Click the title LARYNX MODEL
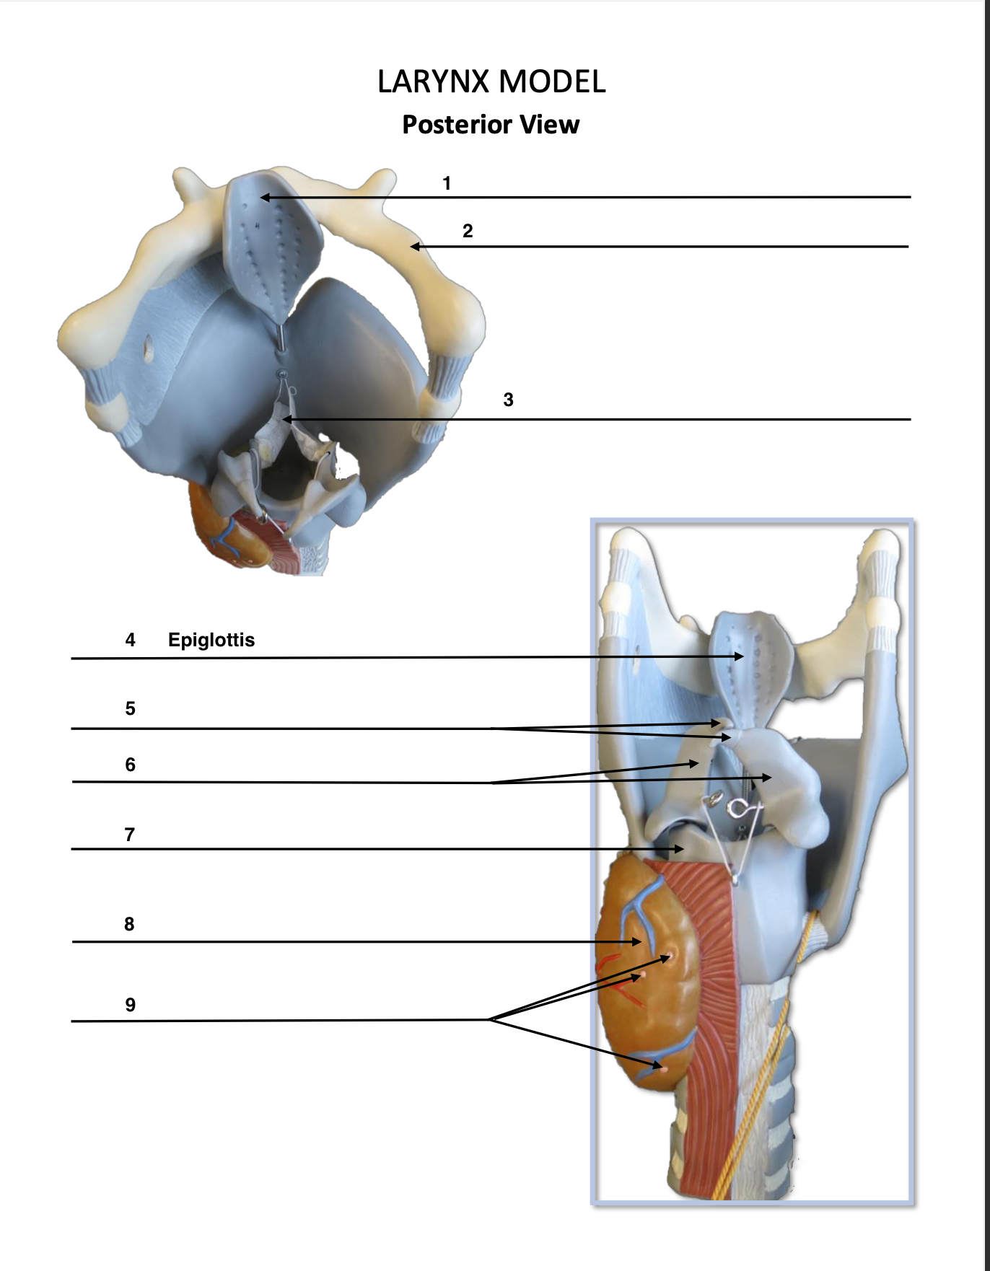point(491,82)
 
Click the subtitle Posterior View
point(491,125)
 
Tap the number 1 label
point(447,183)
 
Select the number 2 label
point(468,231)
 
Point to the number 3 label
point(508,400)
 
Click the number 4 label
point(130,640)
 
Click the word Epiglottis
point(211,640)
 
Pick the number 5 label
point(130,708)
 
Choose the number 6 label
point(130,765)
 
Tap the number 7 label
point(130,835)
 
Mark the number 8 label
point(129,924)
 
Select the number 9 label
point(130,1005)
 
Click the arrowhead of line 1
point(264,197)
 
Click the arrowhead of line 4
point(740,656)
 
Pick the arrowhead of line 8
point(637,941)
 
